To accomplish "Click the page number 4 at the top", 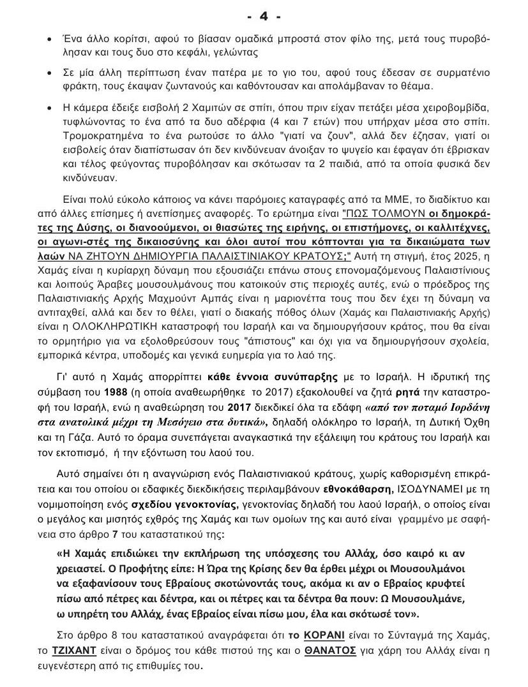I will (264, 13).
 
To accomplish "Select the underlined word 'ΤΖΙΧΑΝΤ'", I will (68, 653).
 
